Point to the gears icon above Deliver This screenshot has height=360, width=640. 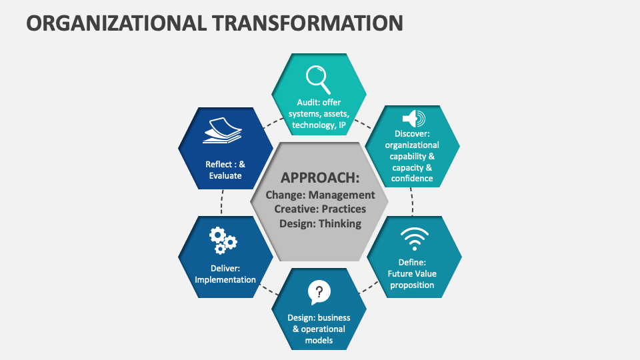click(x=223, y=241)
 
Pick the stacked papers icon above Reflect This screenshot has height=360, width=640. click(x=223, y=130)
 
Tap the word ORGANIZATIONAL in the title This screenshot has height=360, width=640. click(x=115, y=23)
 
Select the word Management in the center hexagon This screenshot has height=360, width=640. click(x=341, y=195)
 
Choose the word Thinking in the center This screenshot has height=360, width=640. click(x=339, y=223)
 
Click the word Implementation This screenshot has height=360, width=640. click(x=225, y=279)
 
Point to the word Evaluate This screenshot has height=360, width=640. click(x=225, y=176)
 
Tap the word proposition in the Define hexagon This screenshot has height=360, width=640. click(x=412, y=285)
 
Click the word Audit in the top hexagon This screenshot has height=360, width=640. click(x=309, y=103)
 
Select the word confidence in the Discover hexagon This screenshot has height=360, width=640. click(x=412, y=178)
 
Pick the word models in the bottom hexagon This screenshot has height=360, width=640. click(x=319, y=340)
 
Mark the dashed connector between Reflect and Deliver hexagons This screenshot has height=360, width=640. click(x=221, y=201)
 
